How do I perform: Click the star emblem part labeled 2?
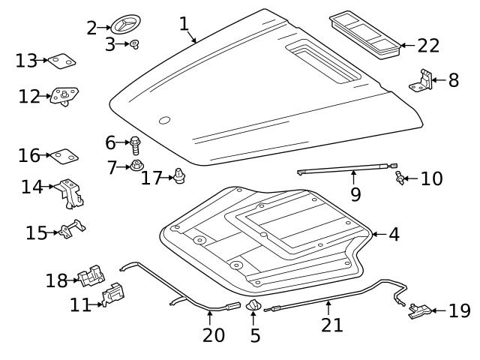[125, 24]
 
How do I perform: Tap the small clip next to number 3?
[134, 44]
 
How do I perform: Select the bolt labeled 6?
[135, 145]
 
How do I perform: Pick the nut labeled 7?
[136, 166]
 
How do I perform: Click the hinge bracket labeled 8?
[421, 81]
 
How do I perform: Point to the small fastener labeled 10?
[399, 178]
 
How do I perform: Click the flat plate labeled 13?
[61, 61]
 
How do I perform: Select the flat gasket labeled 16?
[64, 157]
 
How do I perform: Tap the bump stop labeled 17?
[179, 176]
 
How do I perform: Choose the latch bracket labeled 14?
[70, 193]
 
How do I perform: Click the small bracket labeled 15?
[72, 229]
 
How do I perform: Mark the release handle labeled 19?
[420, 310]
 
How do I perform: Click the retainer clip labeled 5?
[253, 305]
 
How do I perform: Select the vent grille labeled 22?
[364, 35]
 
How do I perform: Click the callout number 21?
[331, 325]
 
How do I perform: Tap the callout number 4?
[394, 235]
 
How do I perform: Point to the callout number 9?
[355, 194]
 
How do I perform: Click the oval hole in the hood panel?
[165, 120]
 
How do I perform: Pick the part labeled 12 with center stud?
[64, 97]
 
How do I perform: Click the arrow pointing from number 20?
[210, 318]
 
